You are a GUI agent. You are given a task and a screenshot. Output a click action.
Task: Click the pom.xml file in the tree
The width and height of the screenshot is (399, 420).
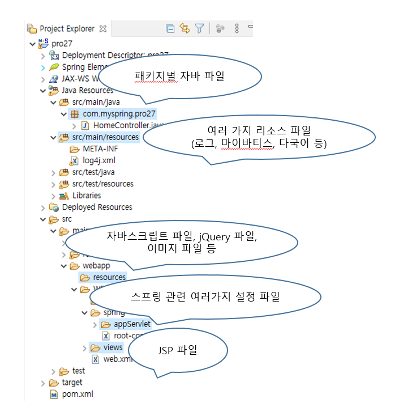point(77,394)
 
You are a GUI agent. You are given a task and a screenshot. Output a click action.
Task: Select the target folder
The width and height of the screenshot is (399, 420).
point(71,383)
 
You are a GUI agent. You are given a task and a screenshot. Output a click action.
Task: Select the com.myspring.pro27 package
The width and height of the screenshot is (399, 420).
point(118,114)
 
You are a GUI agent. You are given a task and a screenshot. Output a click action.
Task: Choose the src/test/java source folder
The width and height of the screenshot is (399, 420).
point(91,172)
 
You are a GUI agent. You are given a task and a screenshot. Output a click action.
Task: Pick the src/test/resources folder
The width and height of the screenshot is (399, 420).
point(102,184)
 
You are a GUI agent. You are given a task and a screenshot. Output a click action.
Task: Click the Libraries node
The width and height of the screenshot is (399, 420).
point(86,196)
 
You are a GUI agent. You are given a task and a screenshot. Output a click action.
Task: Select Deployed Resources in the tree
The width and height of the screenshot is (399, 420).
point(97,207)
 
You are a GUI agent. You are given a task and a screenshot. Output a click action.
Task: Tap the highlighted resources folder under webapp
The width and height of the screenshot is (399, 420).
point(109,278)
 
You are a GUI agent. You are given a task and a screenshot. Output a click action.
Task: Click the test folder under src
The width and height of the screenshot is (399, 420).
point(78,371)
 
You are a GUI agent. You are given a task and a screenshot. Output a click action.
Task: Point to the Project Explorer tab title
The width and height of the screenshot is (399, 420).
point(67,28)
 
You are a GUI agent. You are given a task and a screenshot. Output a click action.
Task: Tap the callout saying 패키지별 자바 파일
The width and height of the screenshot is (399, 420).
point(179,77)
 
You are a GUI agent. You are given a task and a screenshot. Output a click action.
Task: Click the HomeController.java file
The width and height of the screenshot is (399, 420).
point(128,125)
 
